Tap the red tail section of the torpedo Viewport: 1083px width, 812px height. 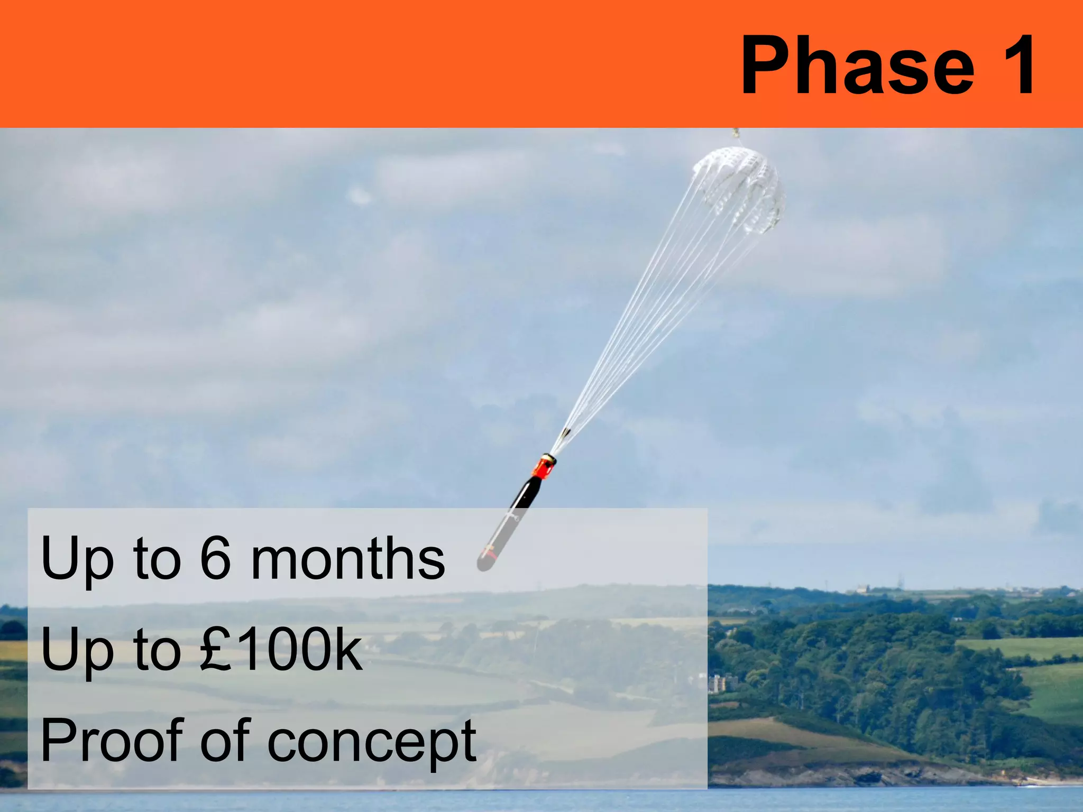543,468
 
